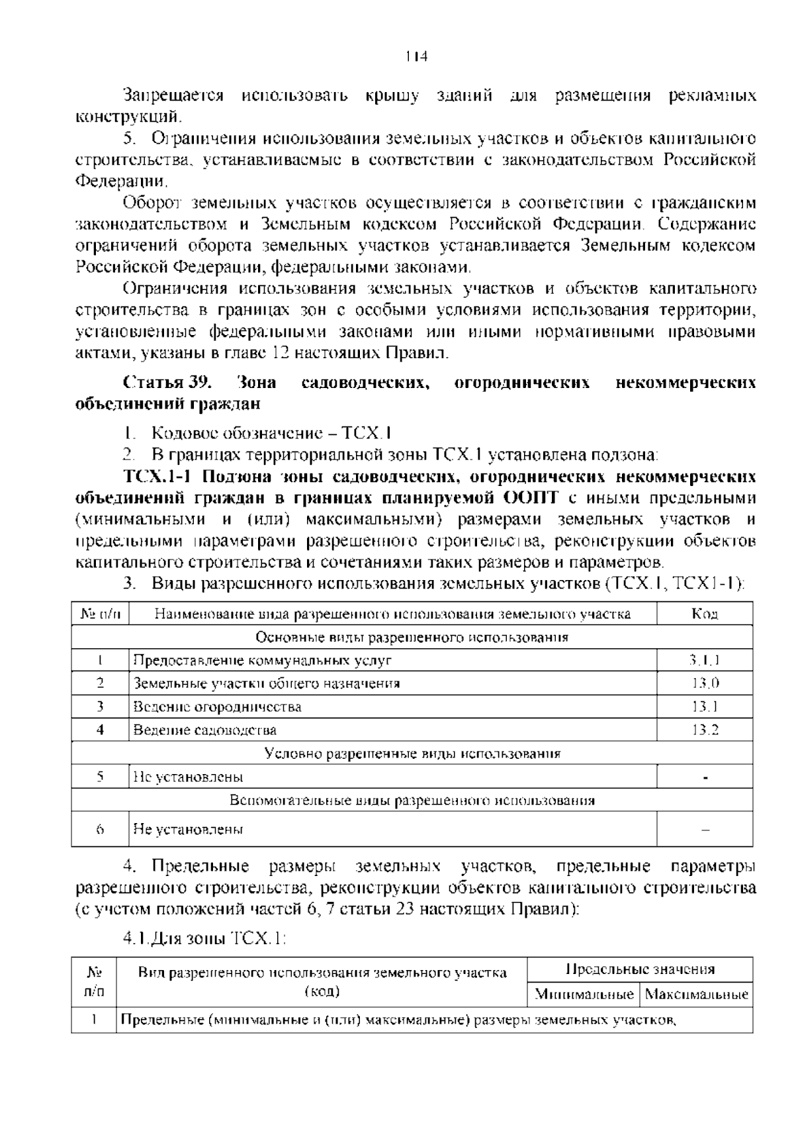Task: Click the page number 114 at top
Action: coord(416,56)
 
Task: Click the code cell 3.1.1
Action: coord(705,660)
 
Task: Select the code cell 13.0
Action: coord(705,683)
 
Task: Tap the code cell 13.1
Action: coord(705,707)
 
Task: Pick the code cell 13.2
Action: coord(705,730)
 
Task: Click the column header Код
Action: coord(705,614)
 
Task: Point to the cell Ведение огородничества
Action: coord(218,707)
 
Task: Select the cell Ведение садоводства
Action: coord(205,730)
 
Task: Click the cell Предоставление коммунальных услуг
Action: coord(263,660)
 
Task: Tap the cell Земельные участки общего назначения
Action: coord(267,683)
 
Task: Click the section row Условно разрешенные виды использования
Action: coord(412,754)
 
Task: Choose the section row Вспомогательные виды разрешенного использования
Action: coord(412,801)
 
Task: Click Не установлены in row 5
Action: coord(188,777)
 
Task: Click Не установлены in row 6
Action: coord(188,829)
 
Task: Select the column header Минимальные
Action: coord(584,995)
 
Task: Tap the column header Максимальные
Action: coord(696,995)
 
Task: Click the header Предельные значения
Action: coord(640,970)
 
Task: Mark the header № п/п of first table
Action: coord(101,614)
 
